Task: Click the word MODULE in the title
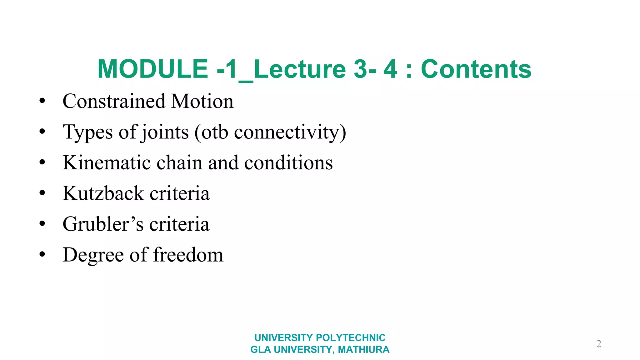pos(153,69)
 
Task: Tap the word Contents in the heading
pos(476,69)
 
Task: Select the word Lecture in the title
pos(300,69)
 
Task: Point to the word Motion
pos(202,101)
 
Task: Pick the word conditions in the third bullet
pos(288,162)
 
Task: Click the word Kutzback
pos(103,193)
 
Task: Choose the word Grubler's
pos(103,224)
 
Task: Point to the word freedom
pos(188,255)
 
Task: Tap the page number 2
pos(598,344)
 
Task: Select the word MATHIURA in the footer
pos(364,349)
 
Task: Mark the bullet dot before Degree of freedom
pos(42,254)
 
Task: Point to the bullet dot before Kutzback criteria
pos(42,193)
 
